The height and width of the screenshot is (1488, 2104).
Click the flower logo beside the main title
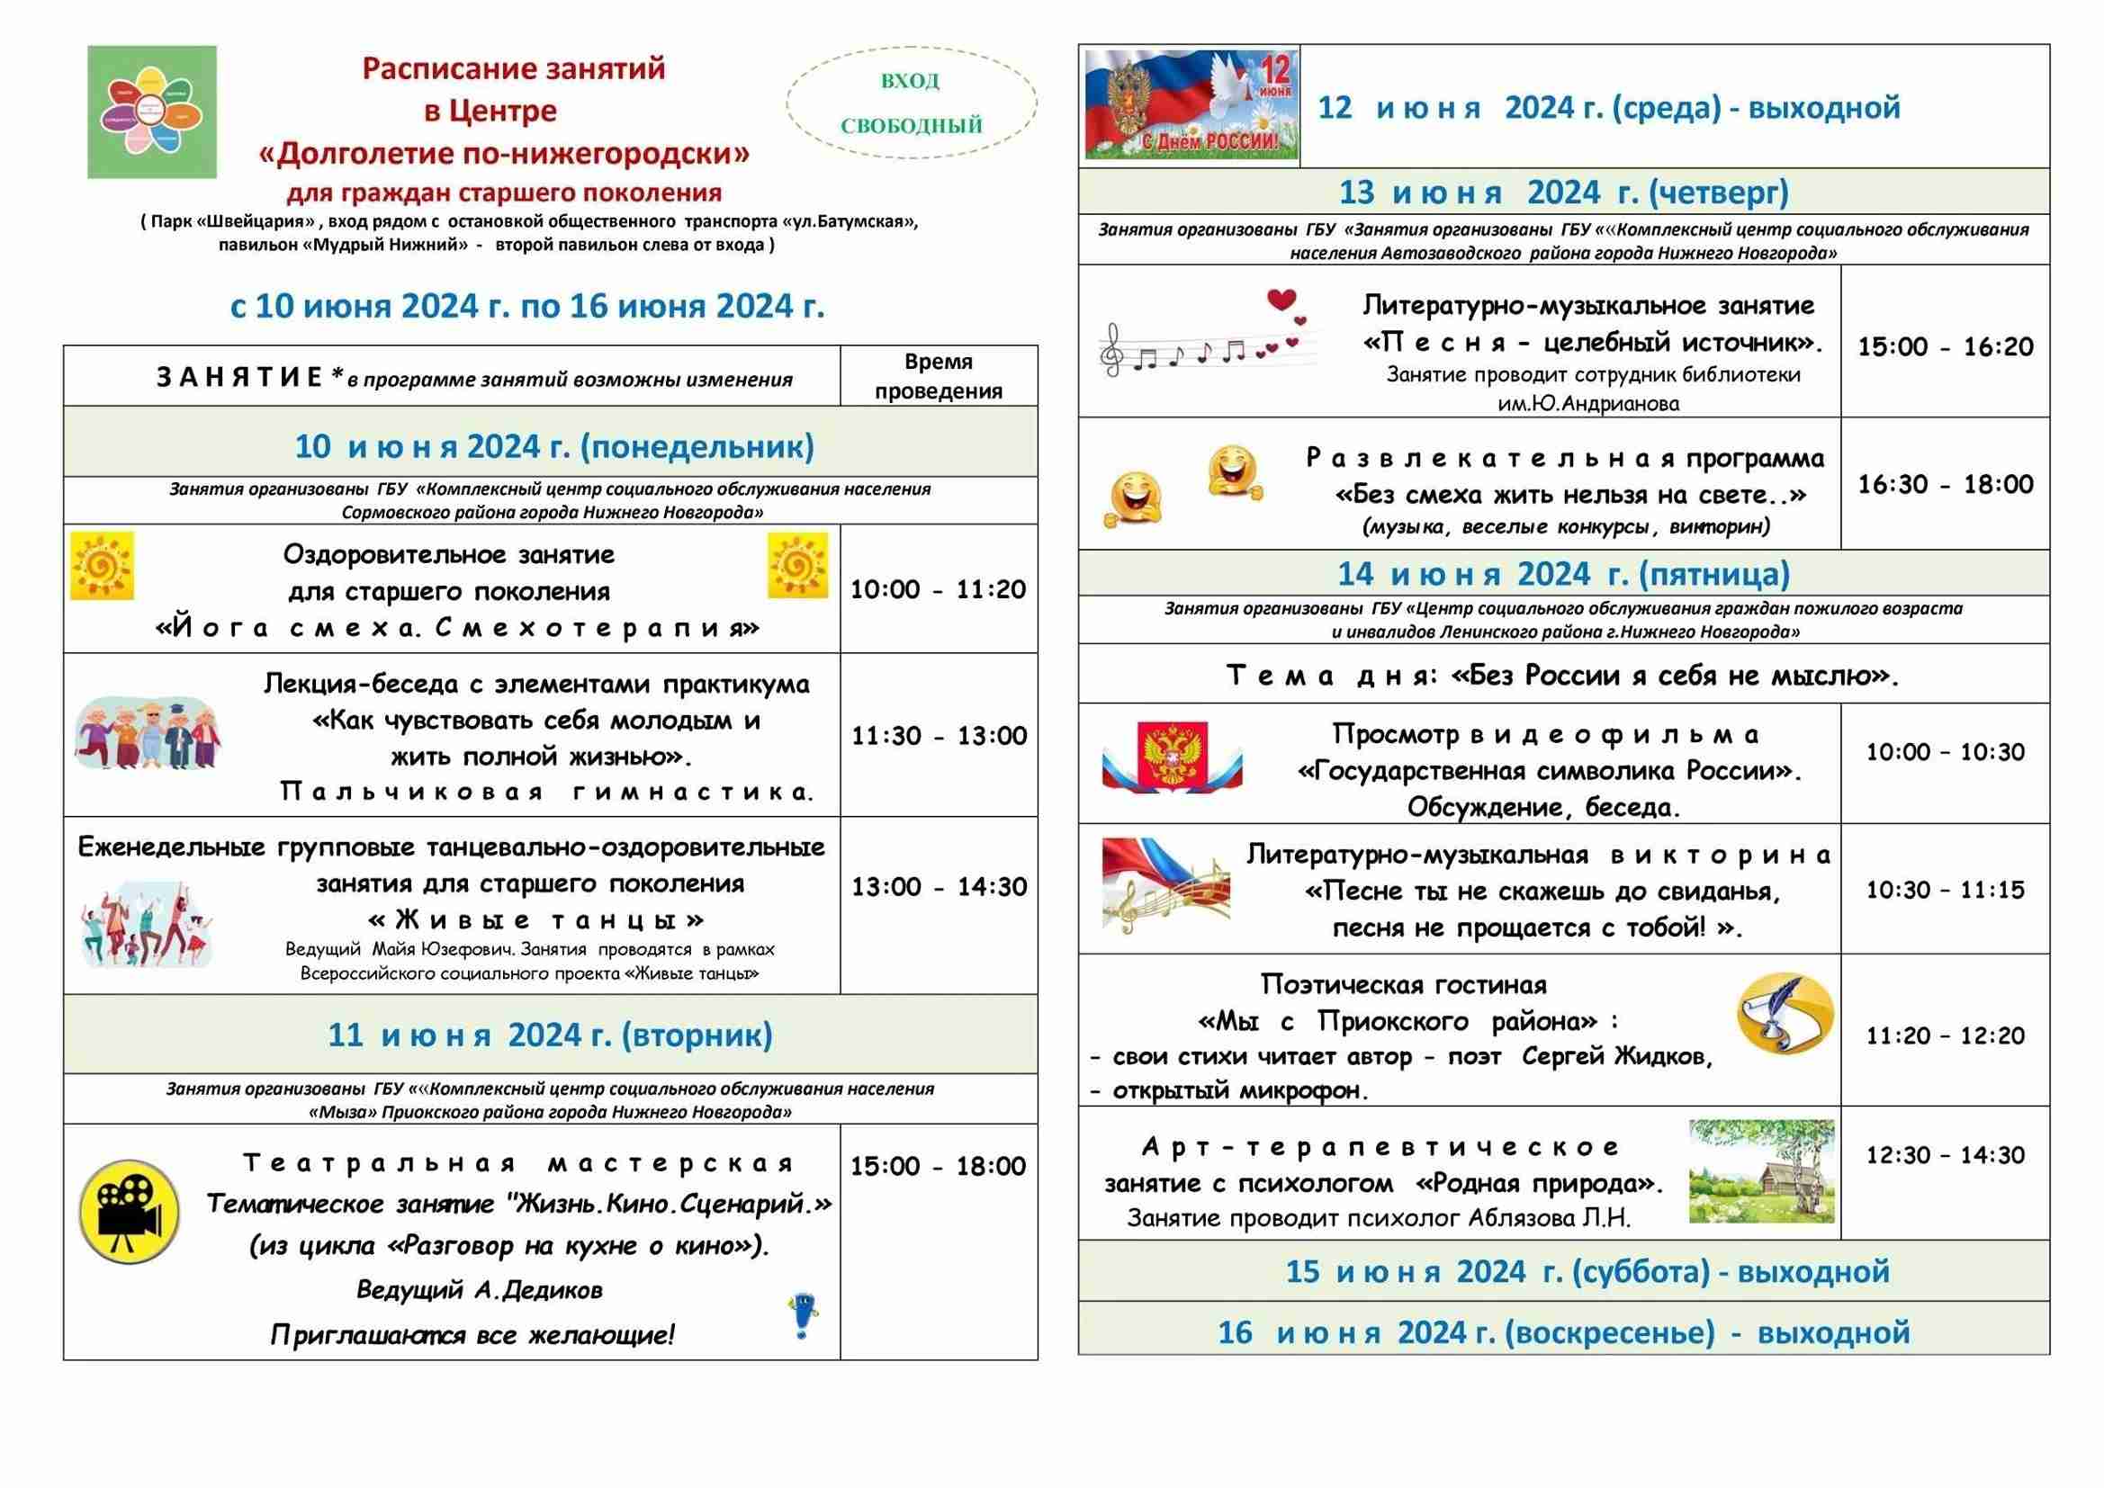point(152,112)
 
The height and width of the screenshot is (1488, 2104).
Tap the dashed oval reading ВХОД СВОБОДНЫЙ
point(911,103)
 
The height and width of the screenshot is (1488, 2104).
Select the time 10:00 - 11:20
point(938,589)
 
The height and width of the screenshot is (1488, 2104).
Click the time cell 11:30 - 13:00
point(939,736)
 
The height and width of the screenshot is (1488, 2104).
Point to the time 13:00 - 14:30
point(939,887)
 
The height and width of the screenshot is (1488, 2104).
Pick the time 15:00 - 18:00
point(938,1167)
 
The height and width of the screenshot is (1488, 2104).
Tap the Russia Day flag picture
point(1191,104)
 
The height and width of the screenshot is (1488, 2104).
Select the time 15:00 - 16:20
point(1945,346)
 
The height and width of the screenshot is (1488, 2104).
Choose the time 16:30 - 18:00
point(1945,484)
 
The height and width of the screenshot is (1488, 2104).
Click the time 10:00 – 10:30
point(1945,752)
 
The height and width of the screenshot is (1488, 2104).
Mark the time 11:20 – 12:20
point(1945,1036)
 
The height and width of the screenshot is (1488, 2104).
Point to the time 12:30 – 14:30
point(1945,1155)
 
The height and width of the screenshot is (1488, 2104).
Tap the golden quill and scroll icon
point(1785,1013)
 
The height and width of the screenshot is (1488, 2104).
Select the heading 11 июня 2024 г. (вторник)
point(550,1035)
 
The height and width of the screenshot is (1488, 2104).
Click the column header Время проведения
point(939,377)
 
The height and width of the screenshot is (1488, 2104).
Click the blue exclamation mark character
point(804,1318)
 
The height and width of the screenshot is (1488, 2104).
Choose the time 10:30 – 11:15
point(1945,890)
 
